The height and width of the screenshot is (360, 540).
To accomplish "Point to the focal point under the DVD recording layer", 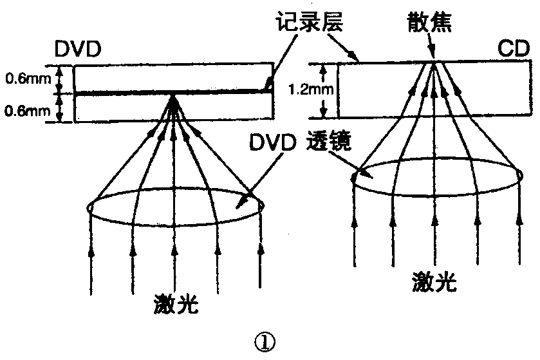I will coord(174,98).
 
